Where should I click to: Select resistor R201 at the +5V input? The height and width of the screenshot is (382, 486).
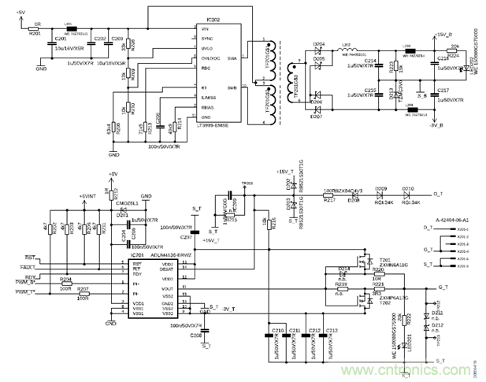point(34,27)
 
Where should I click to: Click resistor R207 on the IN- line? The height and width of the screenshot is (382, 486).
point(83,295)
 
